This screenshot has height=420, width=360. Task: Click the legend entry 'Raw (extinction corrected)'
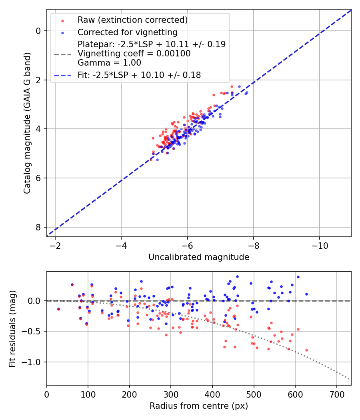[x=132, y=20]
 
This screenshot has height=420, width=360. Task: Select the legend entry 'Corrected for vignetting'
[x=127, y=32]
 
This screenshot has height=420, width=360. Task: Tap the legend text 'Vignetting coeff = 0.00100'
[x=134, y=53]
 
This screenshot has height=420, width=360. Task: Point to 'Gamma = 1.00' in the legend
[x=109, y=63]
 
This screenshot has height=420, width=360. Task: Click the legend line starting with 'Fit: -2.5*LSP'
[x=139, y=75]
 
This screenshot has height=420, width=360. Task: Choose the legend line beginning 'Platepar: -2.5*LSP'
[x=151, y=44]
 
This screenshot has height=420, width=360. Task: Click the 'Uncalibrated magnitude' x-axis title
[x=199, y=257]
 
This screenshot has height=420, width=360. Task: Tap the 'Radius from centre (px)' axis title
[x=199, y=406]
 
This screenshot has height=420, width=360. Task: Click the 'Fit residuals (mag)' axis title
[x=12, y=328]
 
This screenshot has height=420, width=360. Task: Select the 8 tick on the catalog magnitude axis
[x=39, y=227]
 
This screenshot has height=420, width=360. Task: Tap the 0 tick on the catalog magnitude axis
[x=39, y=31]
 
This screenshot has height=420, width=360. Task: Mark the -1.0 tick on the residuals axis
[x=34, y=362]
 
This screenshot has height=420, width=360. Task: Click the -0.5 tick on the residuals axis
[x=34, y=331]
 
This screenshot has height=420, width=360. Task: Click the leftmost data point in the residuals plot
[x=58, y=309]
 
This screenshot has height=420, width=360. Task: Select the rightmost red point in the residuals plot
[x=306, y=350]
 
